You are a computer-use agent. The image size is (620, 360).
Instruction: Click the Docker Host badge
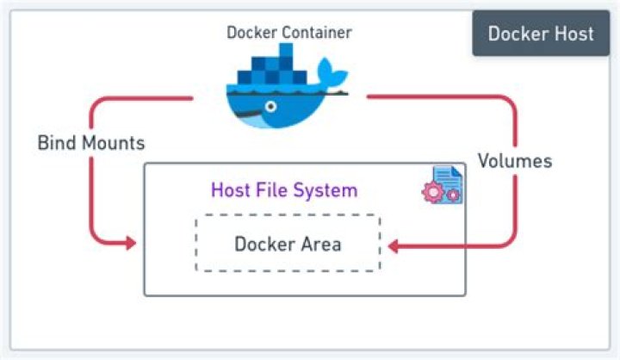pyautogui.click(x=541, y=34)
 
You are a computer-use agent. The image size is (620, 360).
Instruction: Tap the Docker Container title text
pyautogui.click(x=288, y=33)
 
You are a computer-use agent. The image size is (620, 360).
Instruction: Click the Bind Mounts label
pyautogui.click(x=91, y=142)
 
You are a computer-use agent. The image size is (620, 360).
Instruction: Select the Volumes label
pyautogui.click(x=515, y=161)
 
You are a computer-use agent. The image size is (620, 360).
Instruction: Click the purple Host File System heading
pyautogui.click(x=284, y=189)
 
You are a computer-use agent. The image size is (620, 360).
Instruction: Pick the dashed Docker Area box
pyautogui.click(x=288, y=244)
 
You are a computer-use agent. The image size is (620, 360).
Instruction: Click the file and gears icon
pyautogui.click(x=442, y=186)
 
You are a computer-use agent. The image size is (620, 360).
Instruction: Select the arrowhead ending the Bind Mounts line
pyautogui.click(x=130, y=245)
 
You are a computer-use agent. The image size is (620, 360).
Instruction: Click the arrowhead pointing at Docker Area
pyautogui.click(x=393, y=247)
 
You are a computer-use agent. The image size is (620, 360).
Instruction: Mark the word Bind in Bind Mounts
pyautogui.click(x=53, y=142)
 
